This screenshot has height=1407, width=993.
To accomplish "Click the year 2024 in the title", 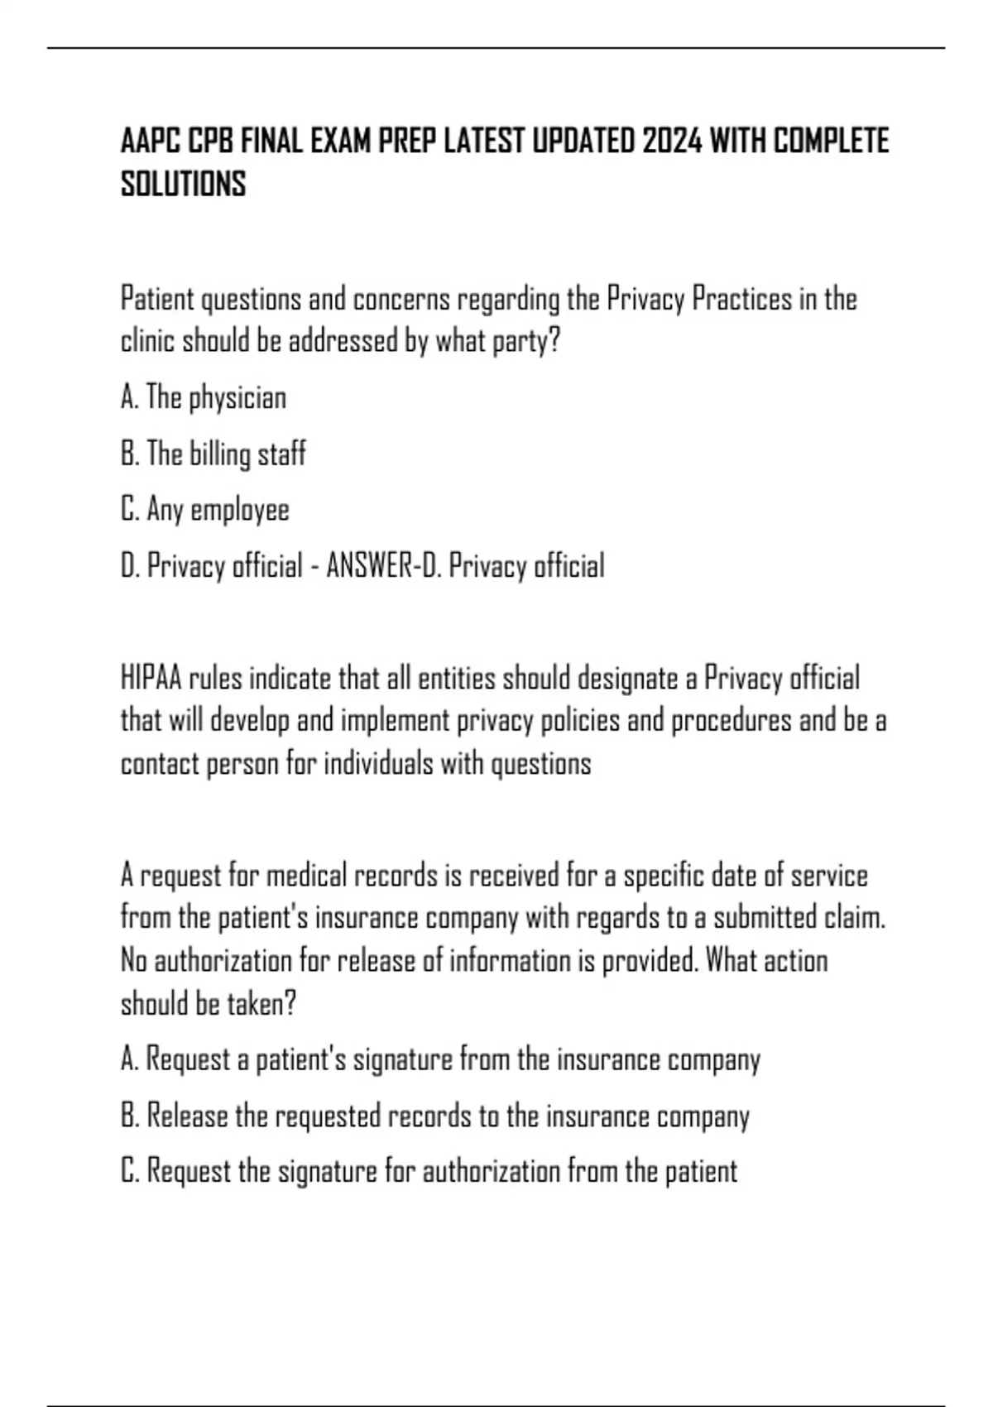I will pyautogui.click(x=670, y=142).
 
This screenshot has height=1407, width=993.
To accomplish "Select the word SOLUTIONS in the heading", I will pyautogui.click(x=183, y=184).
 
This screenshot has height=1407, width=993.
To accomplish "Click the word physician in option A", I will pyautogui.click(x=237, y=398).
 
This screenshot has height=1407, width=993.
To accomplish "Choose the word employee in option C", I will pyautogui.click(x=240, y=511).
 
